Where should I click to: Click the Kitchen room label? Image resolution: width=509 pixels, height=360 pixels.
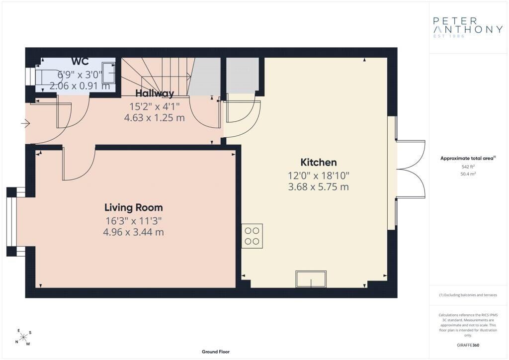click(319, 162)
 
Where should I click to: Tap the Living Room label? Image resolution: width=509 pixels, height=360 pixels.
click(134, 207)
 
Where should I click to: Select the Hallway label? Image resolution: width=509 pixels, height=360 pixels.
click(155, 93)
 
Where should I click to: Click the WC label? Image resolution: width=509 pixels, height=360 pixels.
click(80, 61)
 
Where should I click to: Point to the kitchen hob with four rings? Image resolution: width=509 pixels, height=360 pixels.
click(252, 236)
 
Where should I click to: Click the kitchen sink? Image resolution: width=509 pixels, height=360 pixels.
click(311, 279)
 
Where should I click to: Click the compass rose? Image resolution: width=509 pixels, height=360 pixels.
click(23, 337)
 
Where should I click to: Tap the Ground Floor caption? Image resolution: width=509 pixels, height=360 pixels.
click(216, 352)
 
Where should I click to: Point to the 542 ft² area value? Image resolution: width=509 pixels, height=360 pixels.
click(468, 167)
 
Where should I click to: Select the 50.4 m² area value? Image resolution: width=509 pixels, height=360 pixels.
click(468, 174)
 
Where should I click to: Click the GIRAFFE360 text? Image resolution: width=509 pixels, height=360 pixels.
click(468, 345)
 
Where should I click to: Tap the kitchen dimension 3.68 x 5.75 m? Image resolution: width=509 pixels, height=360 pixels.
click(319, 187)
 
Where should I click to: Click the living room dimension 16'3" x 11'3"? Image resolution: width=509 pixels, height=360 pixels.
click(134, 221)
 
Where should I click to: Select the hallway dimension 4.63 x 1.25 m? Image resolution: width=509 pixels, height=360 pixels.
click(155, 117)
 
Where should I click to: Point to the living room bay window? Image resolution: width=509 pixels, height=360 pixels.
click(12, 222)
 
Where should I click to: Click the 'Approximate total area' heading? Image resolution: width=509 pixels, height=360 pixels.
click(468, 159)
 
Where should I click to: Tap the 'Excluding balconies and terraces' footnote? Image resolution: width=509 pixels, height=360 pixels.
click(468, 295)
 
